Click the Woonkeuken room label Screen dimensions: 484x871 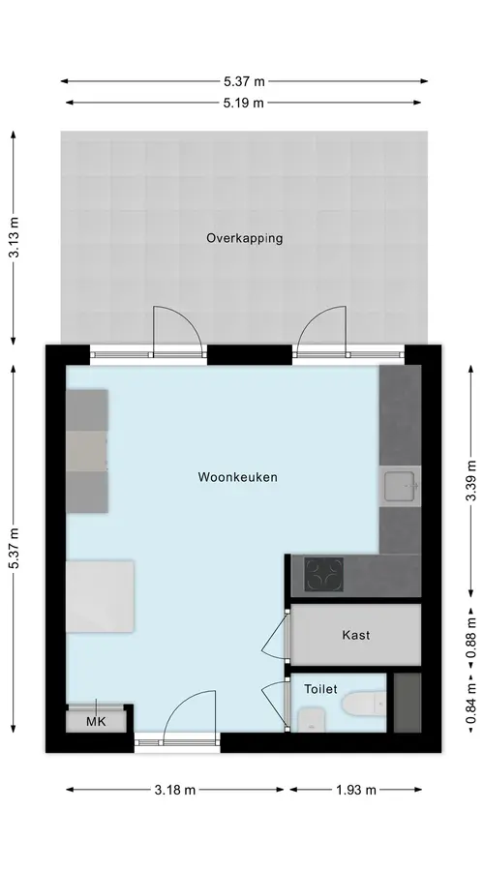tap(237, 476)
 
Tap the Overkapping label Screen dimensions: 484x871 tap(245, 238)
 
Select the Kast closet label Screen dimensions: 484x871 tap(356, 635)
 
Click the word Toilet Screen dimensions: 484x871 tap(320, 689)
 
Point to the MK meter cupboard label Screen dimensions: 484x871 tap(96, 722)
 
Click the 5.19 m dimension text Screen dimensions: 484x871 tap(243, 103)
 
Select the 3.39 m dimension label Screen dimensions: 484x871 tap(470, 480)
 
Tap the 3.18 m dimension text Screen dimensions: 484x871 tap(175, 790)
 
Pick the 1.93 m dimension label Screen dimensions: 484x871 tap(355, 790)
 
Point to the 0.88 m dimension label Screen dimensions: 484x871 tap(470, 638)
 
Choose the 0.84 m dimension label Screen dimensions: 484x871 tap(470, 703)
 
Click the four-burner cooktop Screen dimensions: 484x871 tap(323, 574)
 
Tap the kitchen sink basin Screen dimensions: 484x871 tap(400, 486)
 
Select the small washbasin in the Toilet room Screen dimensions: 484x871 tap(311, 719)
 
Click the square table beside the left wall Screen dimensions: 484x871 tap(100, 596)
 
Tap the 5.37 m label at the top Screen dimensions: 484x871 tap(244, 81)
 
